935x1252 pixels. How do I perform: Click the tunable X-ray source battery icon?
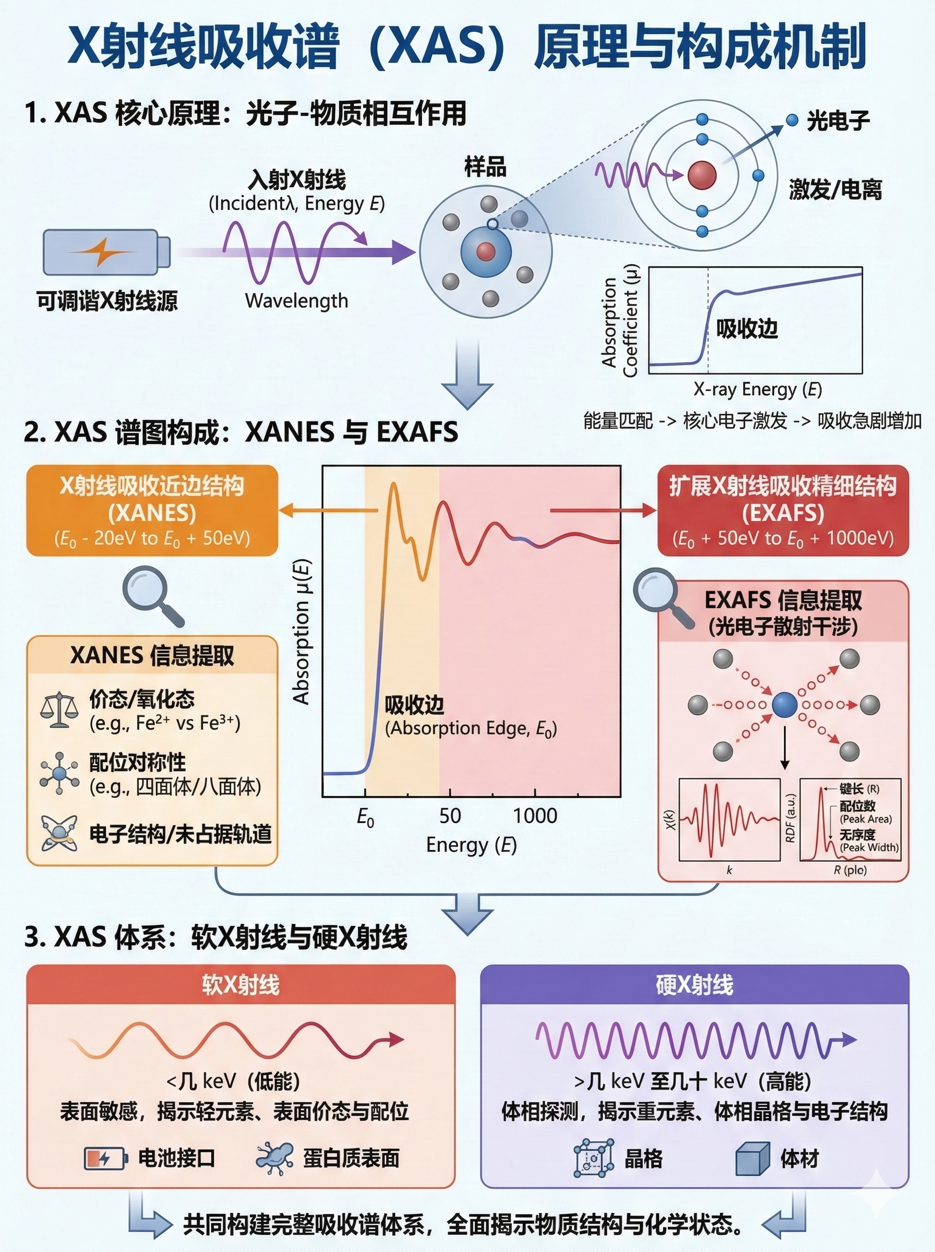click(x=106, y=252)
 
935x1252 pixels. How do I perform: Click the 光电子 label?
click(x=837, y=121)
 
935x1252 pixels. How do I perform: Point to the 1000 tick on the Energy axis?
click(x=535, y=815)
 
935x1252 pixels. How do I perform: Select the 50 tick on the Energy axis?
click(x=450, y=815)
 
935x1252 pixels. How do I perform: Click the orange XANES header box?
click(x=152, y=510)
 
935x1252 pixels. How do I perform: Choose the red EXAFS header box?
click(x=783, y=510)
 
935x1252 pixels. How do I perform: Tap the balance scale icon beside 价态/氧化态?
click(x=59, y=711)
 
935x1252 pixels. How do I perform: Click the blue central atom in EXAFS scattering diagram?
click(x=784, y=705)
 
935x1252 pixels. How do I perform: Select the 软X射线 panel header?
click(x=241, y=985)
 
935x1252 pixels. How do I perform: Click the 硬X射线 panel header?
click(x=694, y=985)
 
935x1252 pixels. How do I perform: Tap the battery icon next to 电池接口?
click(x=105, y=1158)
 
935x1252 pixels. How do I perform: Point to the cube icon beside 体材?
click(x=753, y=1158)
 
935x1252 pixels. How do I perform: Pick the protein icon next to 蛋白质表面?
click(x=275, y=1157)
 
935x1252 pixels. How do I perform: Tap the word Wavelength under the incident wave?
click(x=296, y=300)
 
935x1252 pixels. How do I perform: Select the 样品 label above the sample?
click(x=485, y=167)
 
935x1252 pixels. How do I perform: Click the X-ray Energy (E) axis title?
click(x=758, y=389)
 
